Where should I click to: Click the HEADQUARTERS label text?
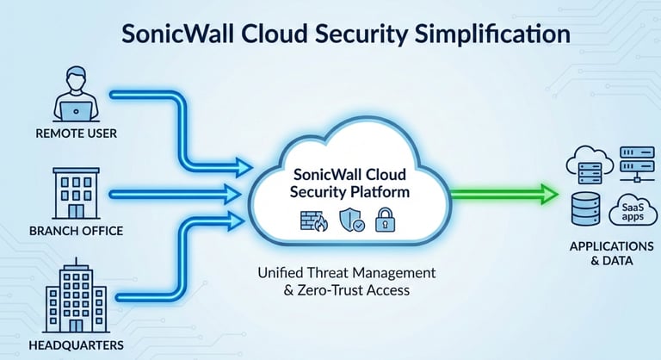coord(75,345)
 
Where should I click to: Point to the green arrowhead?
coord(547,193)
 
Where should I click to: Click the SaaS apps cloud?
coord(628,212)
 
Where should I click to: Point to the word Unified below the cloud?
coord(282,272)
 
